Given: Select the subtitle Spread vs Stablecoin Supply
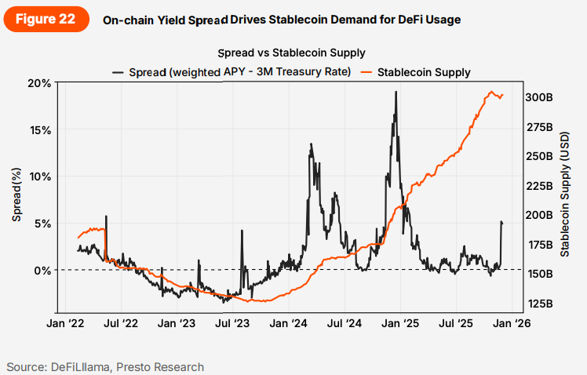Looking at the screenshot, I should [x=293, y=53].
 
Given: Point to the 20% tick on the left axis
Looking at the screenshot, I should [x=40, y=83].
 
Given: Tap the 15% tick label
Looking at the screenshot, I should [x=40, y=129].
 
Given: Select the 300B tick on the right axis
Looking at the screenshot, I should [x=540, y=97].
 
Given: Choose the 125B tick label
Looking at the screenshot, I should [x=540, y=303].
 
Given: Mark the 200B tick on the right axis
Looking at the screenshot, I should [x=540, y=215].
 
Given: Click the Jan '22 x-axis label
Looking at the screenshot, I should [x=66, y=323].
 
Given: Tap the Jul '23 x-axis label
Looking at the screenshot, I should [x=232, y=323].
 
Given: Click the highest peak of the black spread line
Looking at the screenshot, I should [x=396, y=92].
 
